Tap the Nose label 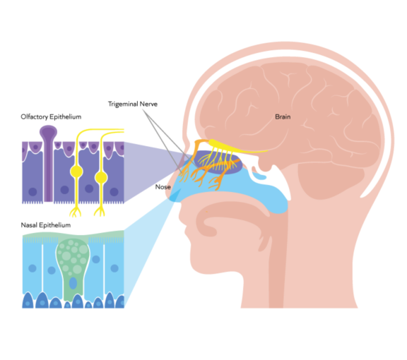(x=164, y=188)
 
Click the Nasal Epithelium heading (x=47, y=225)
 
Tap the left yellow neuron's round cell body (x=75, y=173)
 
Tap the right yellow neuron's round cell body (x=102, y=173)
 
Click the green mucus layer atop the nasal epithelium (x=71, y=236)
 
